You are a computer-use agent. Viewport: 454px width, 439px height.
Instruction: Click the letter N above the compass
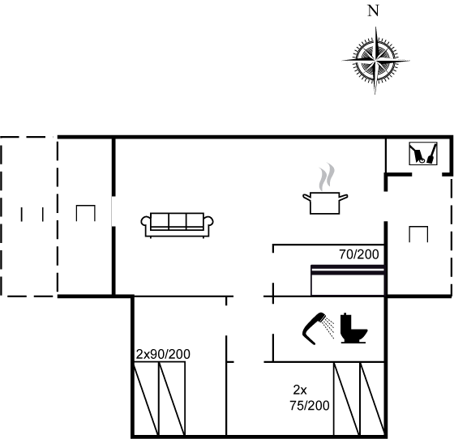[x=373, y=11]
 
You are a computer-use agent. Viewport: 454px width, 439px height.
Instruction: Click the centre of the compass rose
[x=375, y=61]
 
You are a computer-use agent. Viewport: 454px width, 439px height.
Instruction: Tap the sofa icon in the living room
[x=178, y=225]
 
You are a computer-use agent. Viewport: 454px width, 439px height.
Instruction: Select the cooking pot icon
[x=325, y=202]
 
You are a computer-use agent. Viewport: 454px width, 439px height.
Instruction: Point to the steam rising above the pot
[x=326, y=177]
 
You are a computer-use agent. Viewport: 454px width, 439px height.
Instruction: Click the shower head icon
[x=318, y=328]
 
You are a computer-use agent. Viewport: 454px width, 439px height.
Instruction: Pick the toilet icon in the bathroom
[x=353, y=328]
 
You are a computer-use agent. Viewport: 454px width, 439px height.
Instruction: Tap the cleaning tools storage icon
[x=423, y=154]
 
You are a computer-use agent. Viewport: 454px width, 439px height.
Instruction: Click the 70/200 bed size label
[x=358, y=254]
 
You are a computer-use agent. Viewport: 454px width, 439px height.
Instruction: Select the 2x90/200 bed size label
[x=163, y=354]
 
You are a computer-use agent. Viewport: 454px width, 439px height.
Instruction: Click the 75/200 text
[x=310, y=406]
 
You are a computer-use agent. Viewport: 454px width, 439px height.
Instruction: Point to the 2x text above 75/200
[x=300, y=390]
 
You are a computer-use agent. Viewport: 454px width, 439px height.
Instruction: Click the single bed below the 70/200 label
[x=348, y=280]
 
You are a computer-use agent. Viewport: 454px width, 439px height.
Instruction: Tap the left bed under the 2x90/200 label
[x=147, y=399]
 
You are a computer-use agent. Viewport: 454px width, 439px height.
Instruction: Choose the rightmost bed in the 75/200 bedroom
[x=372, y=399]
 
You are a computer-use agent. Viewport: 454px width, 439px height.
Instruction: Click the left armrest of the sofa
[x=146, y=222]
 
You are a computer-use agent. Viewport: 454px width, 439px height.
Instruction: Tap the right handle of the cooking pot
[x=344, y=198]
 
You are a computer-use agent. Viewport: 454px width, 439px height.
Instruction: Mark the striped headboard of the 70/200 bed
[x=348, y=270]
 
